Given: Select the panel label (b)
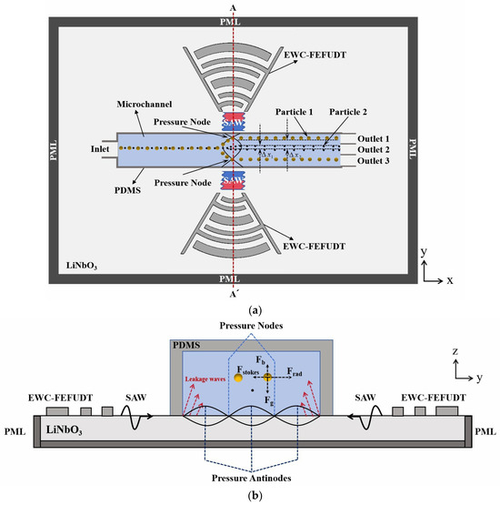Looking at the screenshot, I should click(x=248, y=498).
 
